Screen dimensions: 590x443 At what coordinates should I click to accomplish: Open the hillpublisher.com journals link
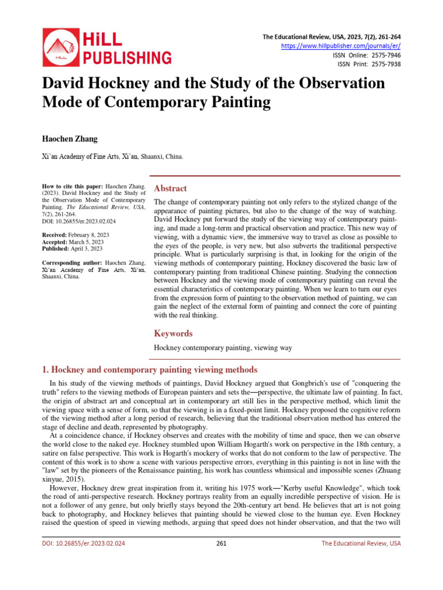(340, 46)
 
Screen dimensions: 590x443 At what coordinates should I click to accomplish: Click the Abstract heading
(170, 188)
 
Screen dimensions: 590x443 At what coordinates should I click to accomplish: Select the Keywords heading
(173, 334)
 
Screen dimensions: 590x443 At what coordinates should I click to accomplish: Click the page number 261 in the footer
(221, 543)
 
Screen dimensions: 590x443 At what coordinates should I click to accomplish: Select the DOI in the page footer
(84, 543)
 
